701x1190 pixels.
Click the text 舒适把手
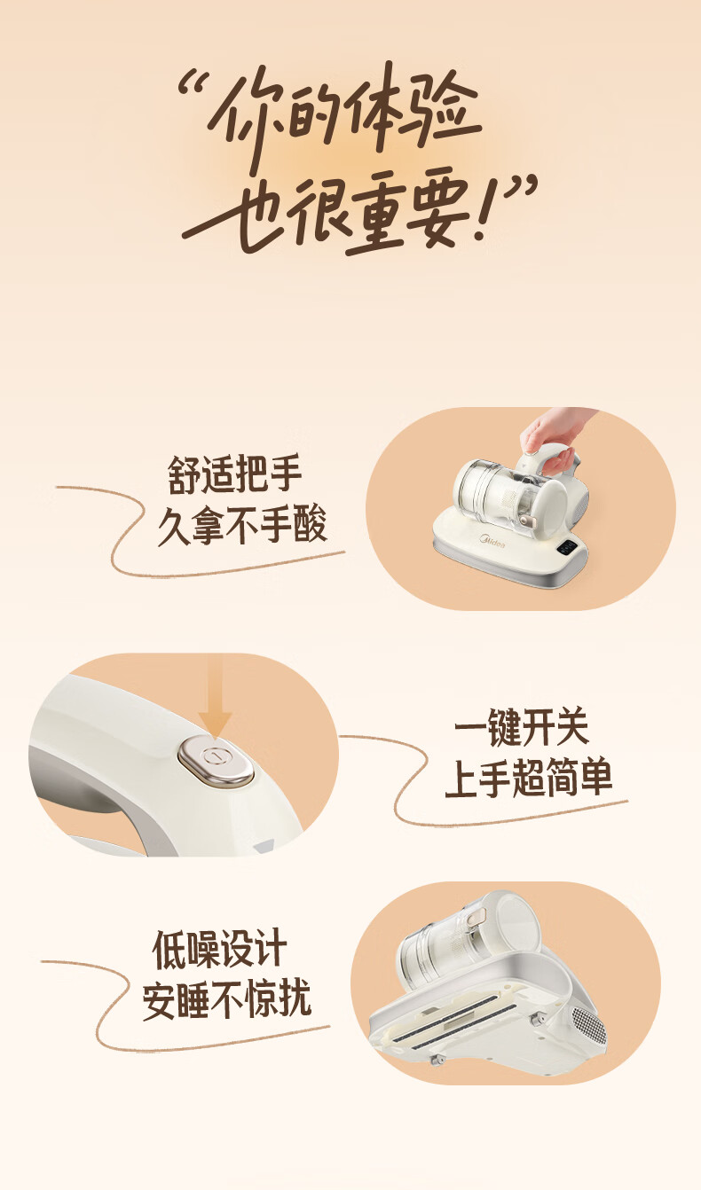tap(234, 474)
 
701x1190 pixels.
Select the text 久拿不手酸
tap(242, 526)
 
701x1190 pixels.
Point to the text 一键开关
tap(522, 727)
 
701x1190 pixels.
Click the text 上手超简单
tap(528, 778)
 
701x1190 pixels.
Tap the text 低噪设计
tap(219, 950)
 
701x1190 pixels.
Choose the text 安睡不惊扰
tap(226, 1000)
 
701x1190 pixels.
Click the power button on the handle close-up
tap(216, 762)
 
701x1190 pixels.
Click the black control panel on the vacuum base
tap(567, 548)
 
